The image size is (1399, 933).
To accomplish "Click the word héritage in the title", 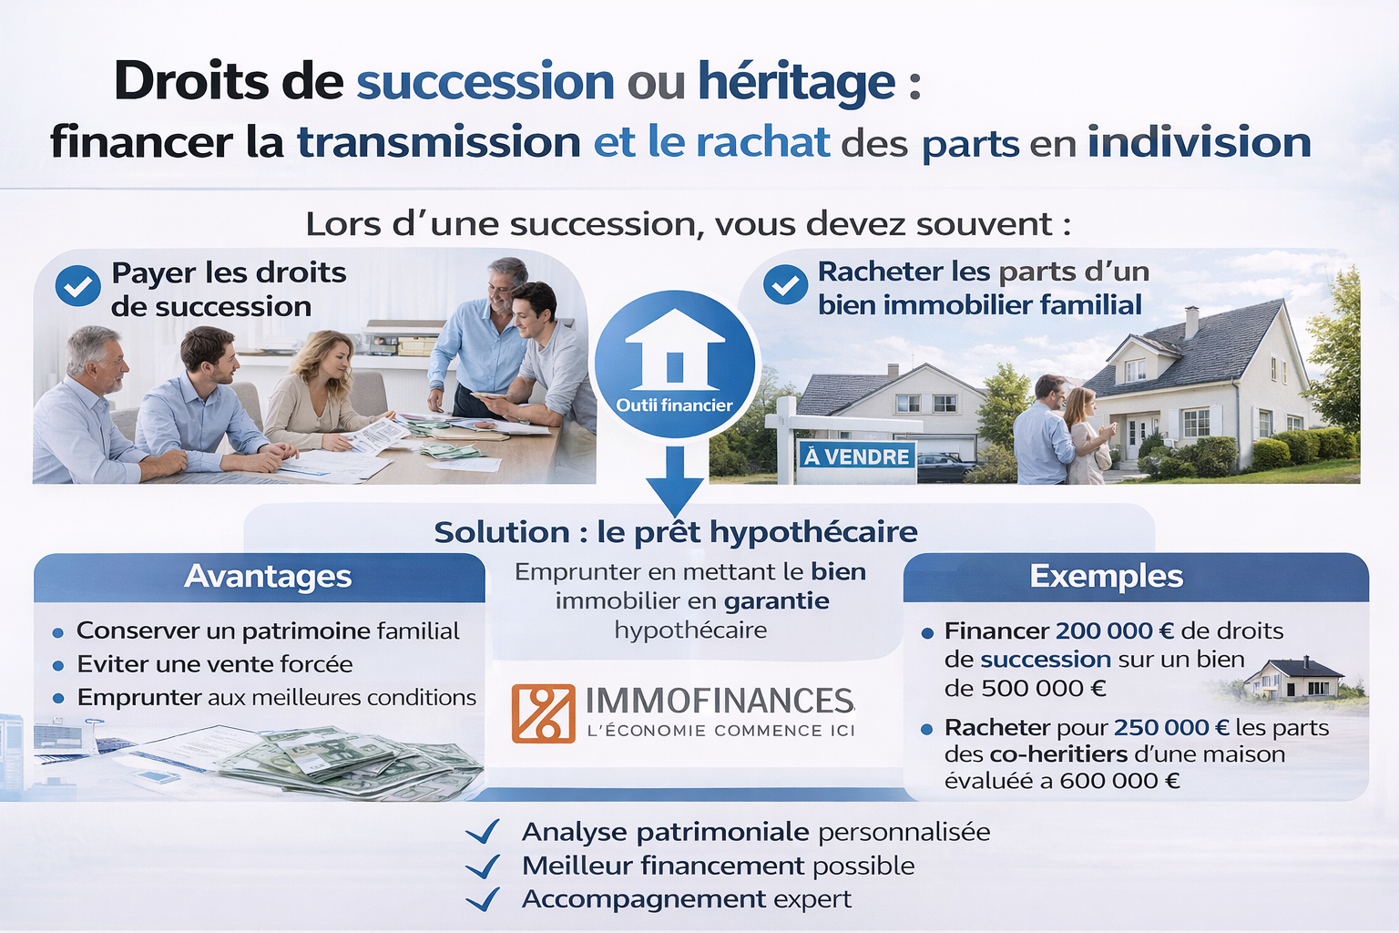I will pos(796,83).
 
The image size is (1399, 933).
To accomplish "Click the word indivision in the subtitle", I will pos(1199,143).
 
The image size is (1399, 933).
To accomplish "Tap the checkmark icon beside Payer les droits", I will pos(78,286).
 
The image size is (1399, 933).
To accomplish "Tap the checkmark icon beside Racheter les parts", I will pos(784,285).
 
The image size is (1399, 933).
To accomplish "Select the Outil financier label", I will pos(674,405).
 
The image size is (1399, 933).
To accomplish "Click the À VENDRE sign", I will pos(856,456).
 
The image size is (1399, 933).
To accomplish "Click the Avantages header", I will pos(268,577).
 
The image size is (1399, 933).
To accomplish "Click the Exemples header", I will pos(1106,577).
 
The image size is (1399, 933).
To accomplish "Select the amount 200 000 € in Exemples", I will pos(1114,631).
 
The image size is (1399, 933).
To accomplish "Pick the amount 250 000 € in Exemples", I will pos(1170,727).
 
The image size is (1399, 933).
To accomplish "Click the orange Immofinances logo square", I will pos(543,713).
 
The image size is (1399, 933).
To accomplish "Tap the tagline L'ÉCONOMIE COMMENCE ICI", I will pos(720,731).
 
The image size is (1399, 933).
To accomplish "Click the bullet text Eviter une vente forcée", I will pos(214,664).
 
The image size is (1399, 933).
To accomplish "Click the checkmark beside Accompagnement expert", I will pos(482,899).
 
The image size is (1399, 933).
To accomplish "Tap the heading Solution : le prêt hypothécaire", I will pos(675,532).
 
